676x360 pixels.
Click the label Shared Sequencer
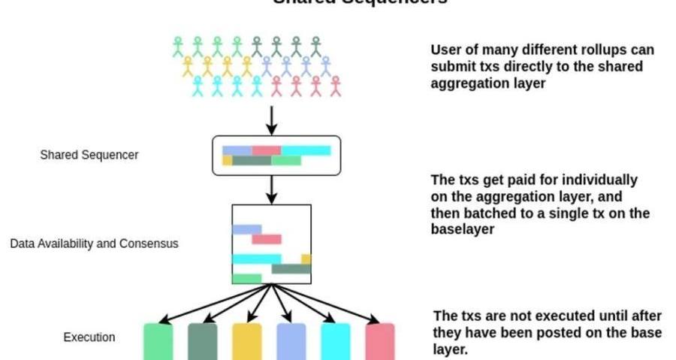(89, 155)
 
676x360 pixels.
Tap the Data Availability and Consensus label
(94, 244)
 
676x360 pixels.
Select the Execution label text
(89, 337)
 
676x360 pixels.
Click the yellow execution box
(247, 342)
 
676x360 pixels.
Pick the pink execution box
(379, 342)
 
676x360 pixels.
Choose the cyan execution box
(335, 342)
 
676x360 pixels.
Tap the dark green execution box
(202, 342)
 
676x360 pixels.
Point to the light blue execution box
(291, 342)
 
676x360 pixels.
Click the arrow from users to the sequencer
(272, 119)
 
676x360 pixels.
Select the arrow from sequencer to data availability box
(272, 189)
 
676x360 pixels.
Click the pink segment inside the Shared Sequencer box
(266, 150)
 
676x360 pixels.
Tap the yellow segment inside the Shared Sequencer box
(227, 160)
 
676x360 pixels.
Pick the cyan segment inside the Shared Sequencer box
(306, 150)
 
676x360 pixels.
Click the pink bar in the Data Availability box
(266, 239)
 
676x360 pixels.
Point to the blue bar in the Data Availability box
(246, 229)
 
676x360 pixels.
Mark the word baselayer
(462, 230)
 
